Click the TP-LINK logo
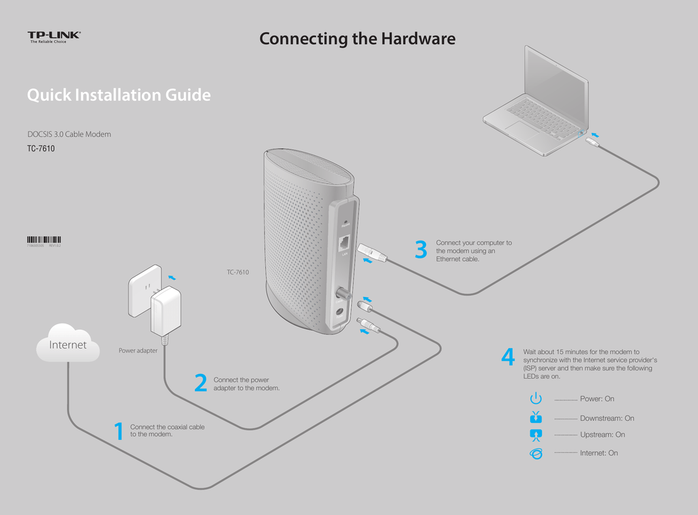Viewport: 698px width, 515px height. tap(54, 35)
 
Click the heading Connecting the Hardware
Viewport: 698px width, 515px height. tap(357, 39)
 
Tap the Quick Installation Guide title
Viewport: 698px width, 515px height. tap(119, 95)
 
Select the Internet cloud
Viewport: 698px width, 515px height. tap(67, 344)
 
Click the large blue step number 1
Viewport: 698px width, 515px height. tap(119, 431)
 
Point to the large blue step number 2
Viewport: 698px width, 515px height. tap(200, 384)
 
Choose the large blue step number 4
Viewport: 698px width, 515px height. tap(508, 358)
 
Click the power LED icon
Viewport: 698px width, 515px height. tap(536, 399)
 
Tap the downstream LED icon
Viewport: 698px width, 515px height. tap(536, 418)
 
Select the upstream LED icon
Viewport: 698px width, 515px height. tap(536, 435)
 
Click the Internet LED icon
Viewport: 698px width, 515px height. tap(536, 454)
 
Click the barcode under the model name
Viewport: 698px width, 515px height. tap(44, 239)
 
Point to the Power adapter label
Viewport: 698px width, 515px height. tap(138, 351)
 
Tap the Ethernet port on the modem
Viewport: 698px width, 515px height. tap(345, 242)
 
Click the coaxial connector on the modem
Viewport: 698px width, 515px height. tap(339, 293)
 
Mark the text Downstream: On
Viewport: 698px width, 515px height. tap(607, 418)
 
